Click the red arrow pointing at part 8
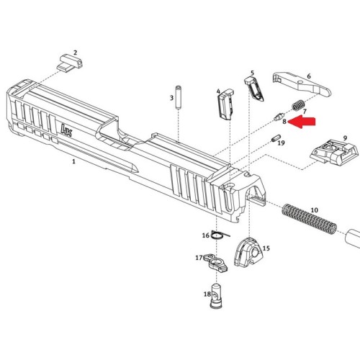(x=302, y=122)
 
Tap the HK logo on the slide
(x=66, y=130)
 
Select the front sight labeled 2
(x=70, y=62)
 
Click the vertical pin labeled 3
(x=179, y=98)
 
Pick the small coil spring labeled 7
(x=298, y=105)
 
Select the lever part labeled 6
(x=302, y=84)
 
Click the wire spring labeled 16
(x=220, y=235)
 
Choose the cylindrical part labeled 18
(x=215, y=296)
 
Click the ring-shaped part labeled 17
(x=215, y=263)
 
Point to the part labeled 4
(x=225, y=104)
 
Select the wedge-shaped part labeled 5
(x=254, y=89)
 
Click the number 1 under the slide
(x=73, y=161)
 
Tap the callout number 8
(x=284, y=122)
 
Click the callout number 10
(x=315, y=210)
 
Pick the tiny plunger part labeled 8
(x=279, y=117)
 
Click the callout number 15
(x=266, y=248)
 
